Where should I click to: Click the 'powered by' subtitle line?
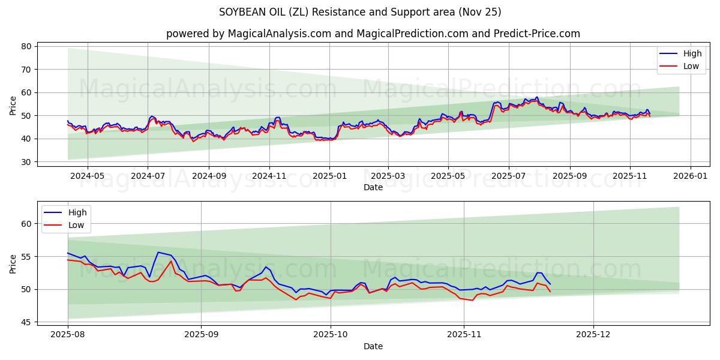(373, 34)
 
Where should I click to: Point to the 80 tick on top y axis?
(26, 46)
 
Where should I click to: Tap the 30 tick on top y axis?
(26, 162)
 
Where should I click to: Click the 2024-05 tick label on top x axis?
(87, 176)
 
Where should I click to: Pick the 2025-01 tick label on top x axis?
(329, 176)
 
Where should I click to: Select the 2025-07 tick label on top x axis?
(508, 176)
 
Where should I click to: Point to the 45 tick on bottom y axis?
(26, 322)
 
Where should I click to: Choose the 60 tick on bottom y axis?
(26, 224)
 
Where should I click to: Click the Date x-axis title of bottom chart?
(373, 346)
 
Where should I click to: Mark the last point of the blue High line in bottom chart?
(550, 284)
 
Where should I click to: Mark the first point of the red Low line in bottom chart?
(68, 260)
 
